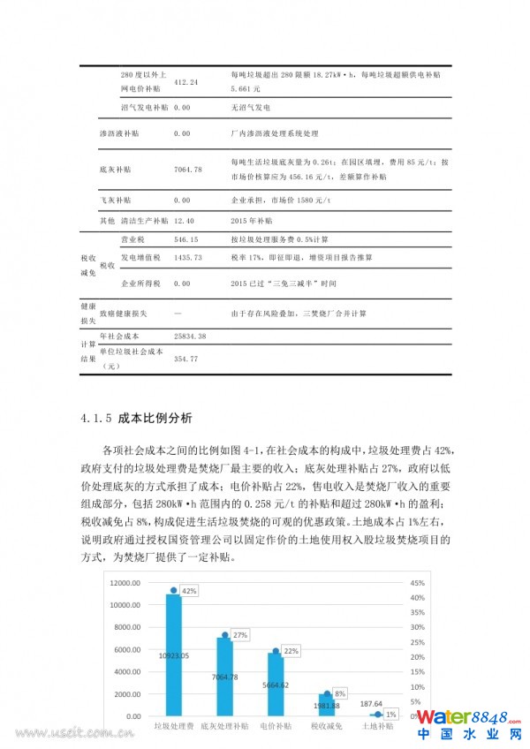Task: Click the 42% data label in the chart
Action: [188, 590]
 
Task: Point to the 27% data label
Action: [240, 635]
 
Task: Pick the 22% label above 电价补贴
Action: [291, 650]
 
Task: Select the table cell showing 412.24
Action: [186, 82]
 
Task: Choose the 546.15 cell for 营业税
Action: [186, 239]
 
